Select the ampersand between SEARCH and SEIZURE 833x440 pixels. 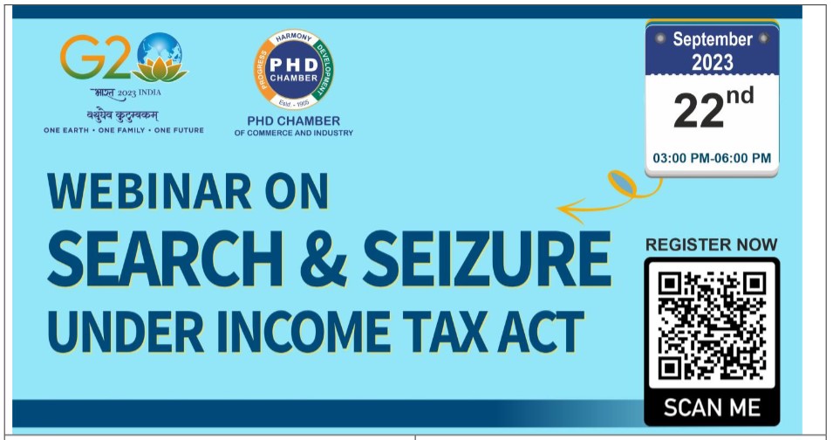[324, 258]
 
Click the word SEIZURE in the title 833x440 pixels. [487, 258]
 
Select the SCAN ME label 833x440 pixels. [712, 408]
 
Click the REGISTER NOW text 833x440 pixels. [712, 244]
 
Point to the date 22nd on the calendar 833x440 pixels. [713, 109]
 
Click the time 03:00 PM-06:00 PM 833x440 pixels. [712, 158]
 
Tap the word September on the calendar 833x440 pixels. [713, 40]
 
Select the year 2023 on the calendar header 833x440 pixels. [713, 63]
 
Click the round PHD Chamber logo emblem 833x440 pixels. [294, 70]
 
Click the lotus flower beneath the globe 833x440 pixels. [160, 70]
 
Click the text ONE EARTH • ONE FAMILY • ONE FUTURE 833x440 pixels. [124, 130]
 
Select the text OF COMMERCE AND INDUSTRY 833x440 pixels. [294, 133]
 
